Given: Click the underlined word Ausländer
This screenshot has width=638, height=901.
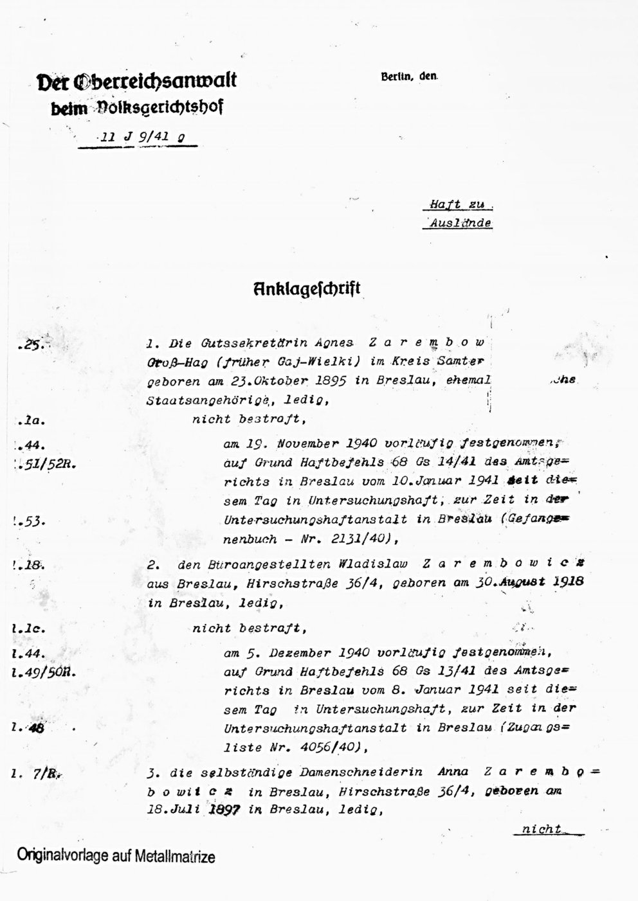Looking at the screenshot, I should click(x=460, y=224).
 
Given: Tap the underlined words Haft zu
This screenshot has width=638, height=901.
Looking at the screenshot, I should click(x=457, y=205).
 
